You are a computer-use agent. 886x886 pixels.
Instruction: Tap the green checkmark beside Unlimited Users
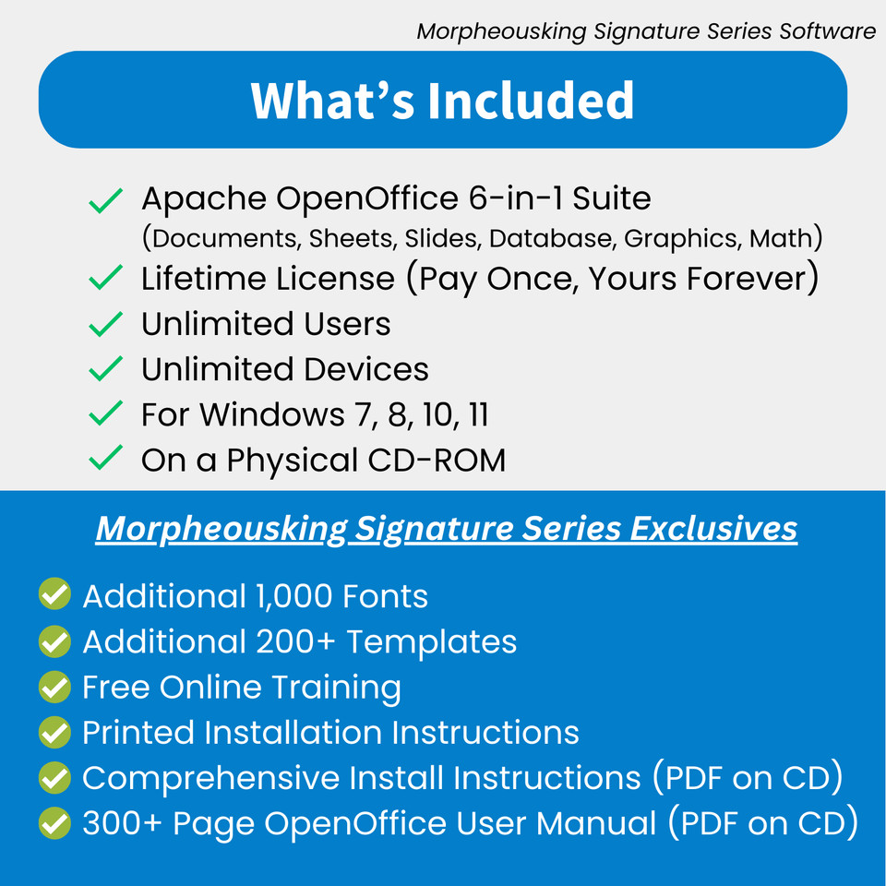pos(106,324)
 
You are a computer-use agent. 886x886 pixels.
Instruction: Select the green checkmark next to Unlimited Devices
pos(106,369)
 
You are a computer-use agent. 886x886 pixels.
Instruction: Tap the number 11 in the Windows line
pos(477,415)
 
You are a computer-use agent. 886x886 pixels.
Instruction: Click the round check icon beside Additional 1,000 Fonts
pos(54,595)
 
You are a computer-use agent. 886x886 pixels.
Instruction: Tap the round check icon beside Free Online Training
pos(54,687)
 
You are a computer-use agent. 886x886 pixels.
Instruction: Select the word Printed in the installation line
pos(138,732)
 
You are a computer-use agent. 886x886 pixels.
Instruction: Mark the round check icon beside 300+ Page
pos(54,822)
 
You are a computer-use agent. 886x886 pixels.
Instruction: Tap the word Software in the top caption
pos(827,31)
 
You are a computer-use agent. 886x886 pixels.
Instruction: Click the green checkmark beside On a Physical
pos(106,460)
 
